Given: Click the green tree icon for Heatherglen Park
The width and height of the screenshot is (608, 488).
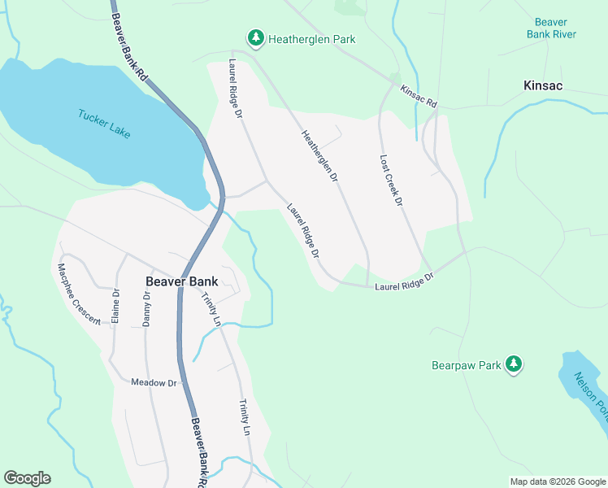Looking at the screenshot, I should [256, 38].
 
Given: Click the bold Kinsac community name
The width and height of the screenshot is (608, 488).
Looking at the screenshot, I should [544, 85].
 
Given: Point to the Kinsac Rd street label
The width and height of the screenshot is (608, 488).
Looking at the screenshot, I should [419, 98].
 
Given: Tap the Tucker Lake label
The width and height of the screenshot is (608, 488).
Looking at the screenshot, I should [104, 124].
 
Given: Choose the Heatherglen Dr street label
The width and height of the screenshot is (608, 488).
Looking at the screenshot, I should [319, 156].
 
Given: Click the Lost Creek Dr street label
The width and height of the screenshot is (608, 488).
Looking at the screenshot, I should [391, 181].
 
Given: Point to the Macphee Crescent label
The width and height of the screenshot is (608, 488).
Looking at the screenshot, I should [79, 294].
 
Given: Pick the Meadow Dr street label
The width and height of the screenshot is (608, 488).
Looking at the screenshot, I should [154, 382].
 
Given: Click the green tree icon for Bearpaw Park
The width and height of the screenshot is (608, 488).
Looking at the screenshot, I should [513, 364].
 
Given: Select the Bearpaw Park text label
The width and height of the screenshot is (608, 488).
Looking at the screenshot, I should [466, 365].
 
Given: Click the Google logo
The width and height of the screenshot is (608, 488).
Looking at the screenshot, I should [27, 478].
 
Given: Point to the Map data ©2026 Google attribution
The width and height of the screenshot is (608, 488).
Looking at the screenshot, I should [557, 481].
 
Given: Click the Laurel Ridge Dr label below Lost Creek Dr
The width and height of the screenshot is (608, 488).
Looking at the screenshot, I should [404, 282].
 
